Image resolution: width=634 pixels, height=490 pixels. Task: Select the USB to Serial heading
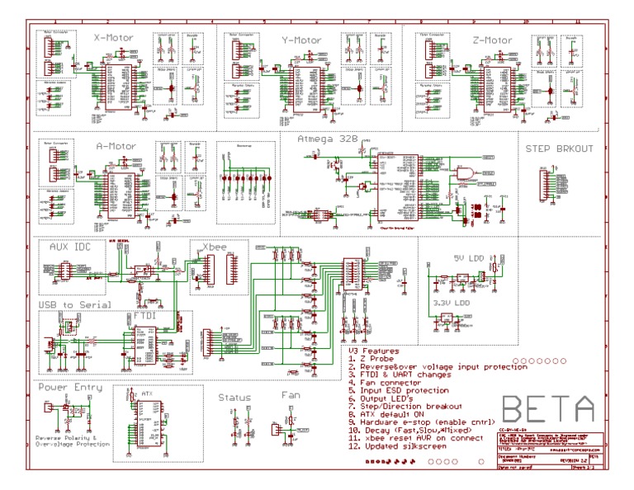[74, 304]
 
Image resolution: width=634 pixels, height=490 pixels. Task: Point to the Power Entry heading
[70, 386]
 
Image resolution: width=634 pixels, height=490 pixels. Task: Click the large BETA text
[547, 408]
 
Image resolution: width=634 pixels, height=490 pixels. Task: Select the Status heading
[234, 397]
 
